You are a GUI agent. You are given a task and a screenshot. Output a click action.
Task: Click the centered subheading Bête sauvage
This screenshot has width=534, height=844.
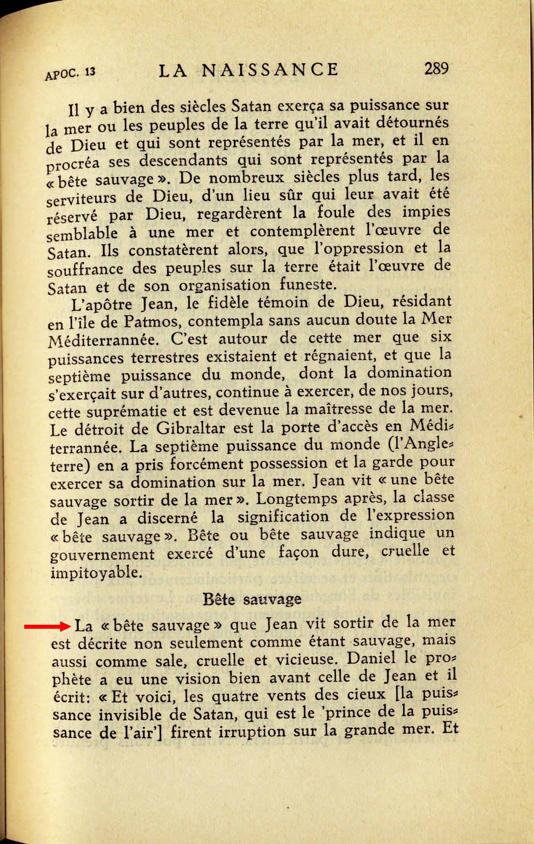(x=252, y=598)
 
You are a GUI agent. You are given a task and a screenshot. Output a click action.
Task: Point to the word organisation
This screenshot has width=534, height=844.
(x=224, y=286)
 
